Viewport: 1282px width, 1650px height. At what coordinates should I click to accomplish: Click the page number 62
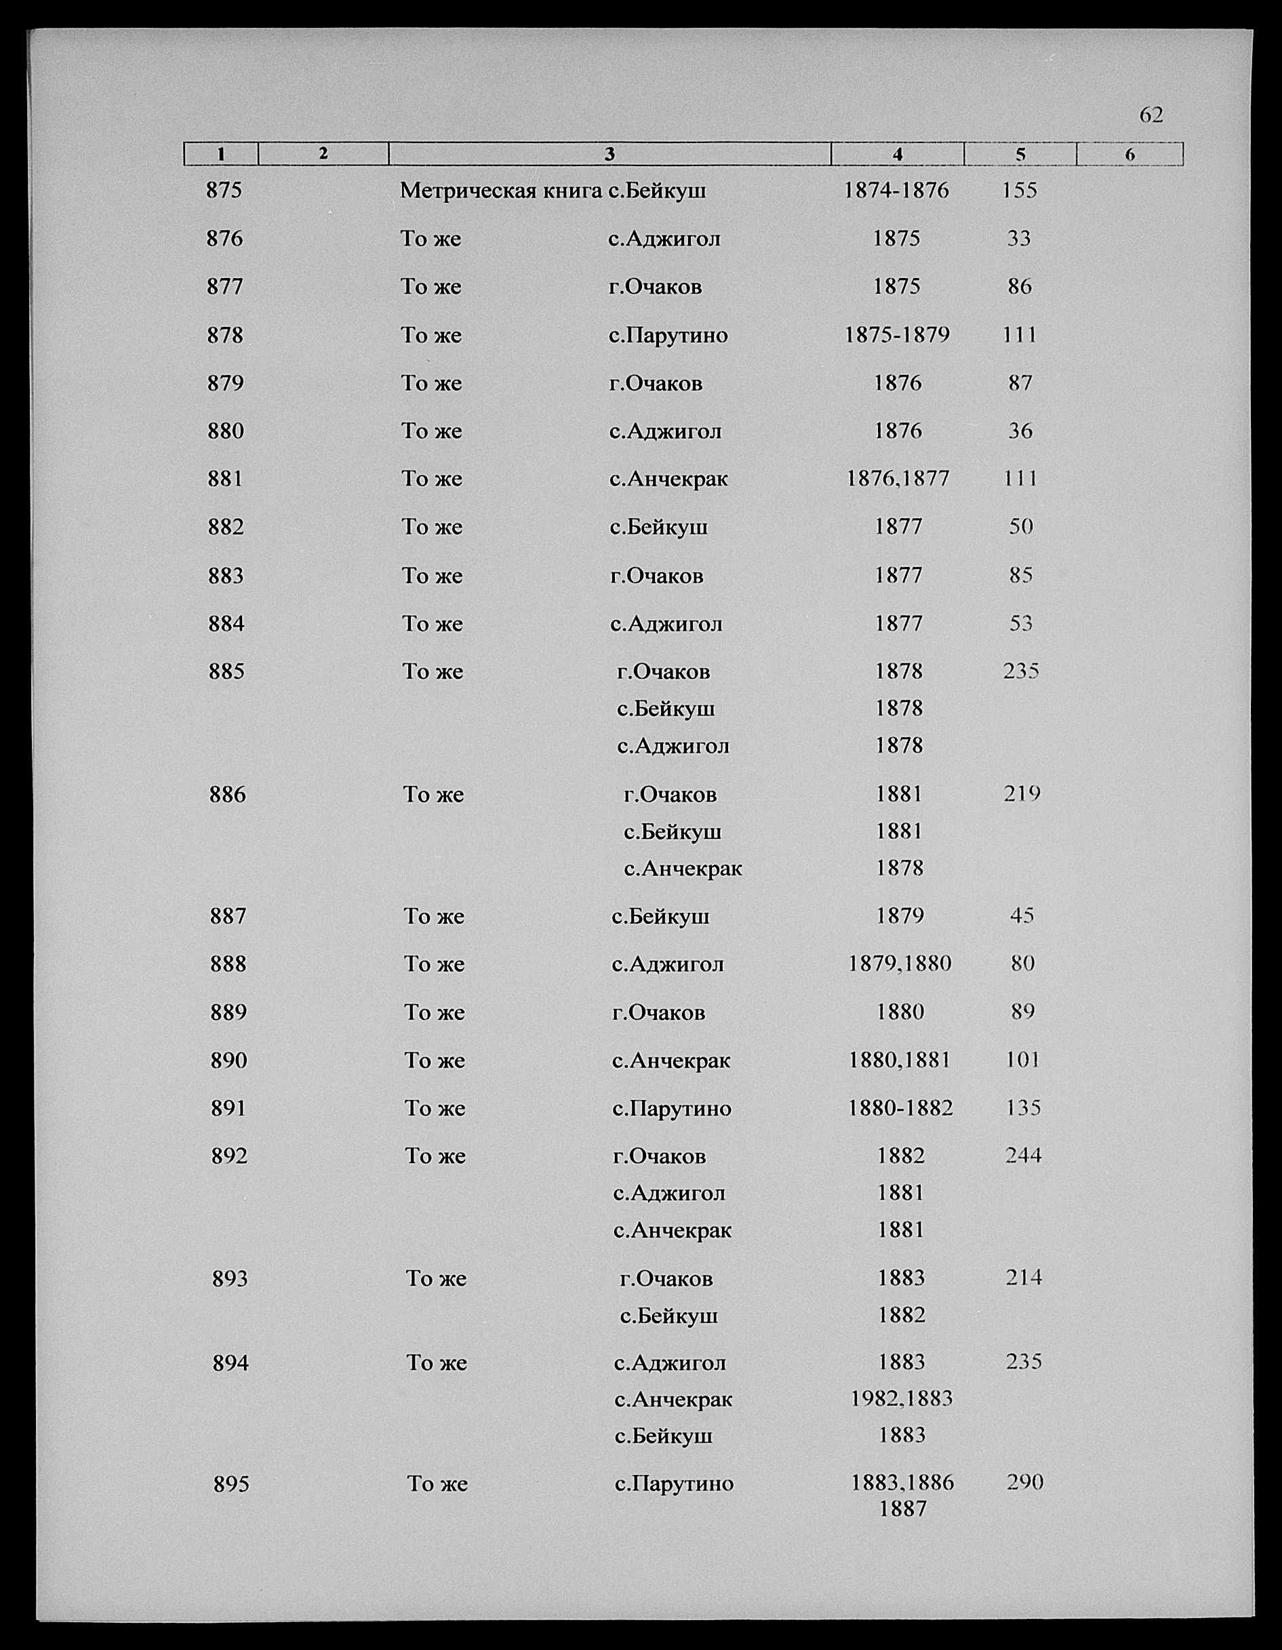pyautogui.click(x=1150, y=115)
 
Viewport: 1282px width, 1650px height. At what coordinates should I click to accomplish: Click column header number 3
pyautogui.click(x=609, y=154)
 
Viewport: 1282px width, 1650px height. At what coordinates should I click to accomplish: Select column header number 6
pyautogui.click(x=1129, y=154)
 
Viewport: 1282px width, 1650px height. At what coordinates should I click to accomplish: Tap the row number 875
pyautogui.click(x=224, y=191)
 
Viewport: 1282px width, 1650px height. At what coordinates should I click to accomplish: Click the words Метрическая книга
pyautogui.click(x=501, y=191)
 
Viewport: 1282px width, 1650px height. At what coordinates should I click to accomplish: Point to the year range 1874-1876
pyautogui.click(x=896, y=191)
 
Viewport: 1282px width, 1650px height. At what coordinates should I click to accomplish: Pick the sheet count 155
pyautogui.click(x=1019, y=191)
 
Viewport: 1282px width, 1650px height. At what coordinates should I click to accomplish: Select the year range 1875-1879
pyautogui.click(x=897, y=335)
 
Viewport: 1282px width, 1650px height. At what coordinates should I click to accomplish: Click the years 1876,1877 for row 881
pyautogui.click(x=898, y=479)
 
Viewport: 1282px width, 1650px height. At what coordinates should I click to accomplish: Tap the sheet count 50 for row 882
pyautogui.click(x=1020, y=526)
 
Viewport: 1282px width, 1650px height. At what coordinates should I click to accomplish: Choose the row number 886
pyautogui.click(x=227, y=795)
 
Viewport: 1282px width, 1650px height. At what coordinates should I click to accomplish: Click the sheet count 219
pyautogui.click(x=1022, y=794)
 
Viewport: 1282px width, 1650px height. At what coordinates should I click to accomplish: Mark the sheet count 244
pyautogui.click(x=1023, y=1156)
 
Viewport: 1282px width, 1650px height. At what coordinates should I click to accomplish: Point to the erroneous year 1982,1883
pyautogui.click(x=901, y=1399)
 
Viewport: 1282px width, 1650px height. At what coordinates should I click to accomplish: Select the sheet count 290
pyautogui.click(x=1025, y=1483)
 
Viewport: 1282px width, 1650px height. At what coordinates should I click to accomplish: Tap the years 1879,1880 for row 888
pyautogui.click(x=899, y=964)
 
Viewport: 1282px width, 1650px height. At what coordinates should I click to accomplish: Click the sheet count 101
pyautogui.click(x=1022, y=1060)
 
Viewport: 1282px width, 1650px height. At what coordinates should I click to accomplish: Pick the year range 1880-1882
pyautogui.click(x=900, y=1108)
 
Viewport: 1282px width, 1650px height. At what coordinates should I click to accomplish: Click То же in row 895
pyautogui.click(x=437, y=1485)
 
